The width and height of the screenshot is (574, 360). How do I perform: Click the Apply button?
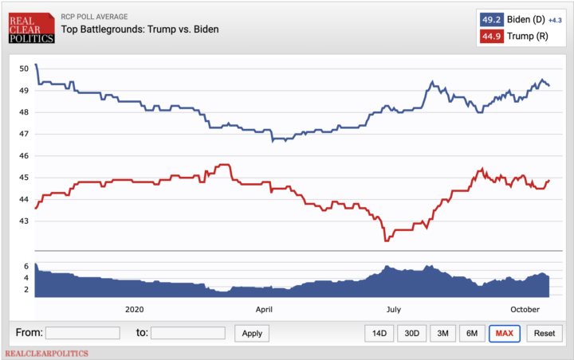(x=252, y=333)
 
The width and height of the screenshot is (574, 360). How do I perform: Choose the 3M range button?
(x=442, y=333)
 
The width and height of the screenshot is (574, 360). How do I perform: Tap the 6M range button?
(x=471, y=333)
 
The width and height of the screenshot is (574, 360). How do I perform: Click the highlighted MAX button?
(x=504, y=333)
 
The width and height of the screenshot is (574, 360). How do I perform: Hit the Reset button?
(x=545, y=333)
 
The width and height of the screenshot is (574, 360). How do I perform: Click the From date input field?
(x=82, y=333)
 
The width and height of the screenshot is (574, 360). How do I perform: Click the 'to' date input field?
(x=187, y=333)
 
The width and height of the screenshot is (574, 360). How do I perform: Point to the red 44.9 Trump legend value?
(x=490, y=37)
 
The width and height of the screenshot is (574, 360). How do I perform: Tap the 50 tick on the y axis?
(x=24, y=68)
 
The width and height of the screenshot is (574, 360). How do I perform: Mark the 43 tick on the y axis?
(x=24, y=221)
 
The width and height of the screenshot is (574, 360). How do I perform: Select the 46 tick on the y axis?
(x=24, y=156)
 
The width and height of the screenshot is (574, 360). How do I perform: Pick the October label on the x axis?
(x=525, y=307)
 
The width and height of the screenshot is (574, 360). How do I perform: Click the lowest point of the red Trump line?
(x=386, y=240)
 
